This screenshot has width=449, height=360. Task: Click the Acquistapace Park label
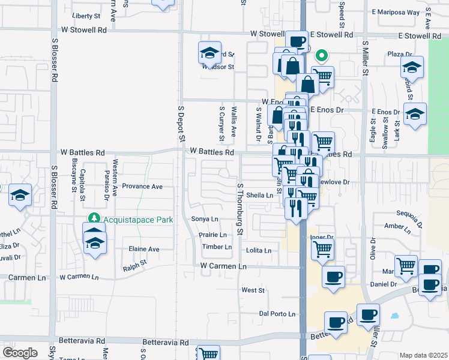click(x=138, y=220)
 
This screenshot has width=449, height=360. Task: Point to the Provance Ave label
click(x=142, y=187)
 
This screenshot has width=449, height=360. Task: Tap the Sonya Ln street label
click(x=204, y=219)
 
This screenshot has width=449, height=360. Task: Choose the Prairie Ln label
click(x=213, y=235)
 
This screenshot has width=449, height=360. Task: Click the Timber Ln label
click(x=217, y=247)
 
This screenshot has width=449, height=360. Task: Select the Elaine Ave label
click(x=144, y=249)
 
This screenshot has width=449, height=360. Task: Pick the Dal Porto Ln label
click(x=277, y=314)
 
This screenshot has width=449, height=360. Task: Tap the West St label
click(x=253, y=290)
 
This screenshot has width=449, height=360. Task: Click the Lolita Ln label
click(x=259, y=250)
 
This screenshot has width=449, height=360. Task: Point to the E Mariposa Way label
click(x=396, y=11)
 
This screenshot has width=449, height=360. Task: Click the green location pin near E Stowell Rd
click(x=322, y=57)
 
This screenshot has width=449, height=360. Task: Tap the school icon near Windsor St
click(x=209, y=53)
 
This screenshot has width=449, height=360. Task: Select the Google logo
click(x=20, y=352)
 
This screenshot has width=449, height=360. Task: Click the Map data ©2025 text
click(x=423, y=355)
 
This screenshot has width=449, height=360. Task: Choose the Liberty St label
click(x=86, y=16)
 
